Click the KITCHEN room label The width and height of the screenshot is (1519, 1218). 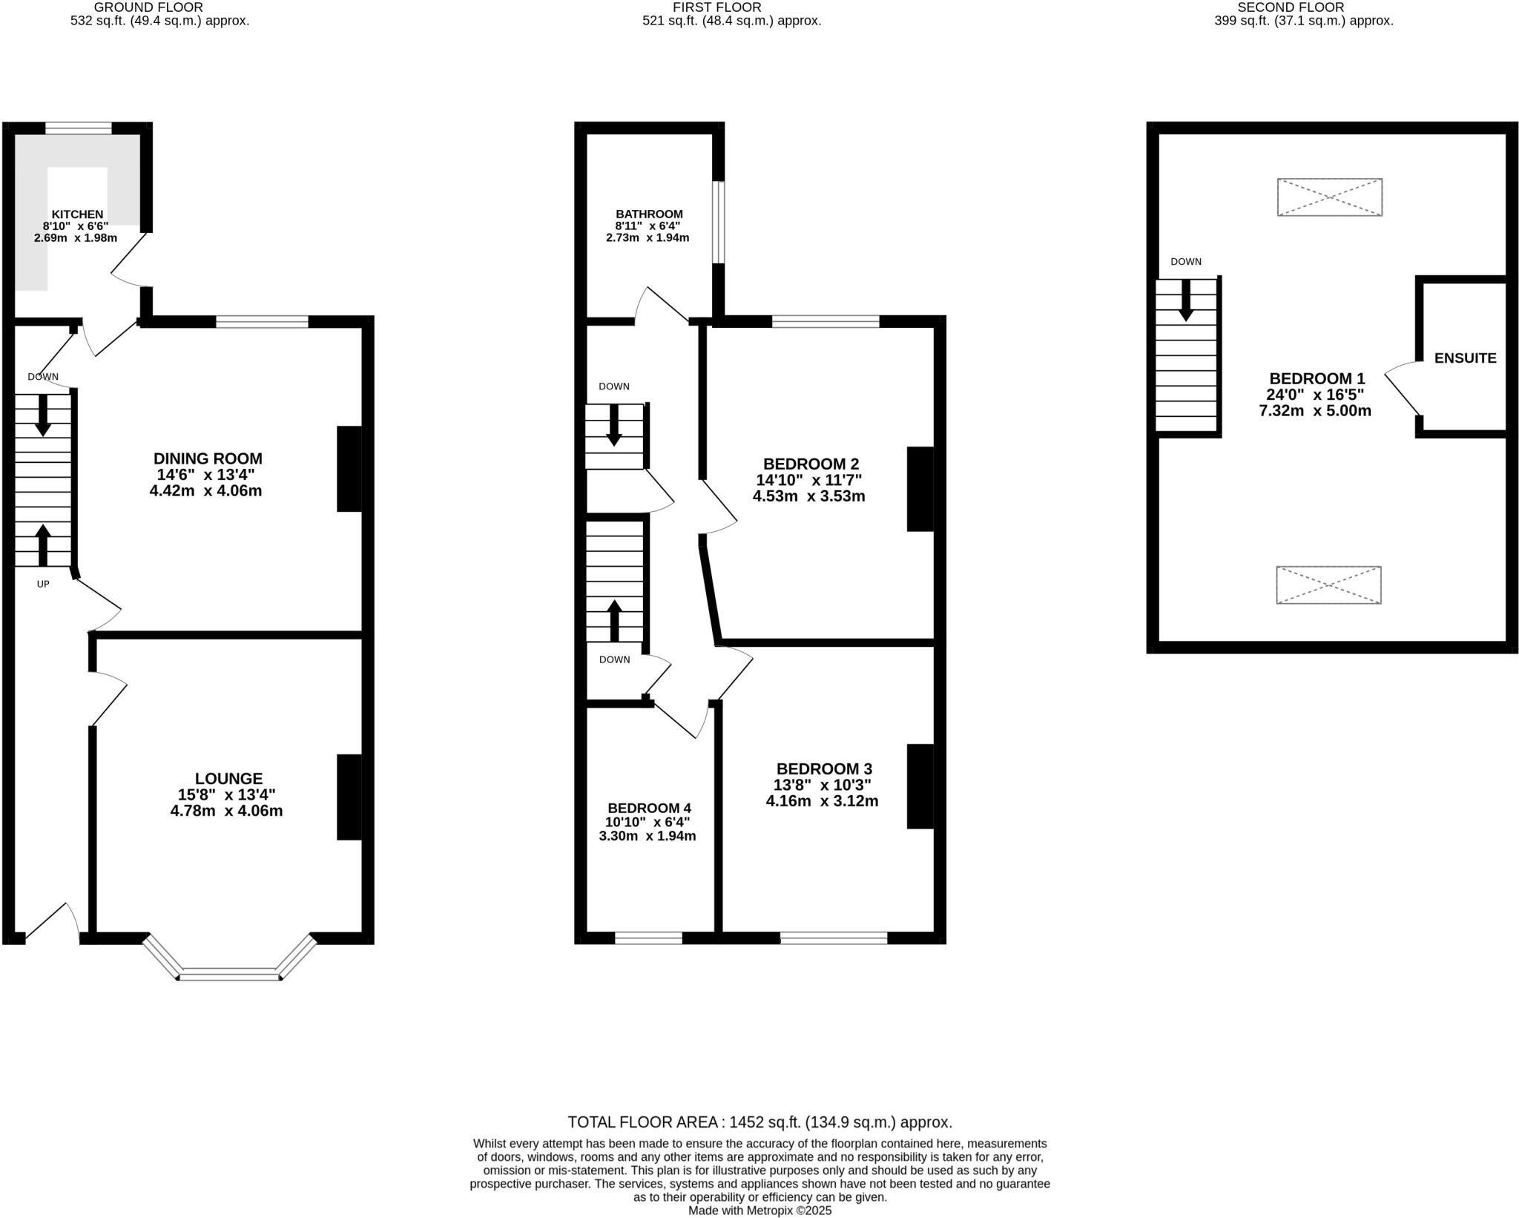coord(77,214)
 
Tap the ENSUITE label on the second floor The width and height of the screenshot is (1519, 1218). coord(1465,358)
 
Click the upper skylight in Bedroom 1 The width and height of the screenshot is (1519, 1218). coord(1329,197)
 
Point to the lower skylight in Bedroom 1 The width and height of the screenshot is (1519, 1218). coord(1328,585)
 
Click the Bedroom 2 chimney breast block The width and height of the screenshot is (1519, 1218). coord(920,489)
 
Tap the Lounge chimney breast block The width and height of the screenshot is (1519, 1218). coord(349,797)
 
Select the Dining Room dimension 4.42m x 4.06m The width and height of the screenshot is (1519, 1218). coord(205,491)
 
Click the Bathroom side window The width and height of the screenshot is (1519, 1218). coord(718,223)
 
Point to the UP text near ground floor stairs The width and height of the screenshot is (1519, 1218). coord(43,585)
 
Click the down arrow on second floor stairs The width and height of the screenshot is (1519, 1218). coord(1185,300)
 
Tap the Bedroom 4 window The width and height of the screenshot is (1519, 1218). coord(648,938)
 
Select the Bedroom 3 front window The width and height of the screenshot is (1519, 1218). coord(833,938)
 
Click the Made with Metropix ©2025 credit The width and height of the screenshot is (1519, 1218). coord(759,1211)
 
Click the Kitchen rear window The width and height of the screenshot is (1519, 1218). coord(78,128)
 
